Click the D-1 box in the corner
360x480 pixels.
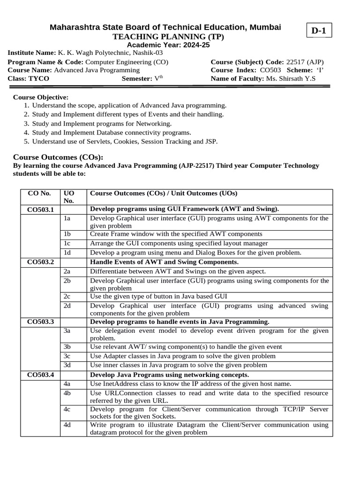pyautogui.click(x=318, y=31)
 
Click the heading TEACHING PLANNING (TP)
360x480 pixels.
pyautogui.click(x=165, y=37)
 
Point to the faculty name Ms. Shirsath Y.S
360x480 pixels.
pyautogui.click(x=291, y=78)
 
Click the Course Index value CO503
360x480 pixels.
pyautogui.click(x=270, y=70)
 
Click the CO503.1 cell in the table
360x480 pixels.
pyautogui.click(x=41, y=209)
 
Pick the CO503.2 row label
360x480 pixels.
pyautogui.click(x=41, y=262)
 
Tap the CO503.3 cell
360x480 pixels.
pyautogui.click(x=41, y=322)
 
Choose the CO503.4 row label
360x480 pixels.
pyautogui.click(x=41, y=375)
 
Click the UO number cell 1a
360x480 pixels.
pyautogui.click(x=67, y=218)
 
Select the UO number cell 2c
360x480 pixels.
pyautogui.click(x=67, y=296)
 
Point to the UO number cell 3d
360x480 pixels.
pyautogui.click(x=67, y=365)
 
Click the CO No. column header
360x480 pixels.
pyautogui.click(x=39, y=193)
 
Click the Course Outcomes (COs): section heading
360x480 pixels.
pyautogui.click(x=58, y=157)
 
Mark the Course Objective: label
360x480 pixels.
pyautogui.click(x=40, y=97)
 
